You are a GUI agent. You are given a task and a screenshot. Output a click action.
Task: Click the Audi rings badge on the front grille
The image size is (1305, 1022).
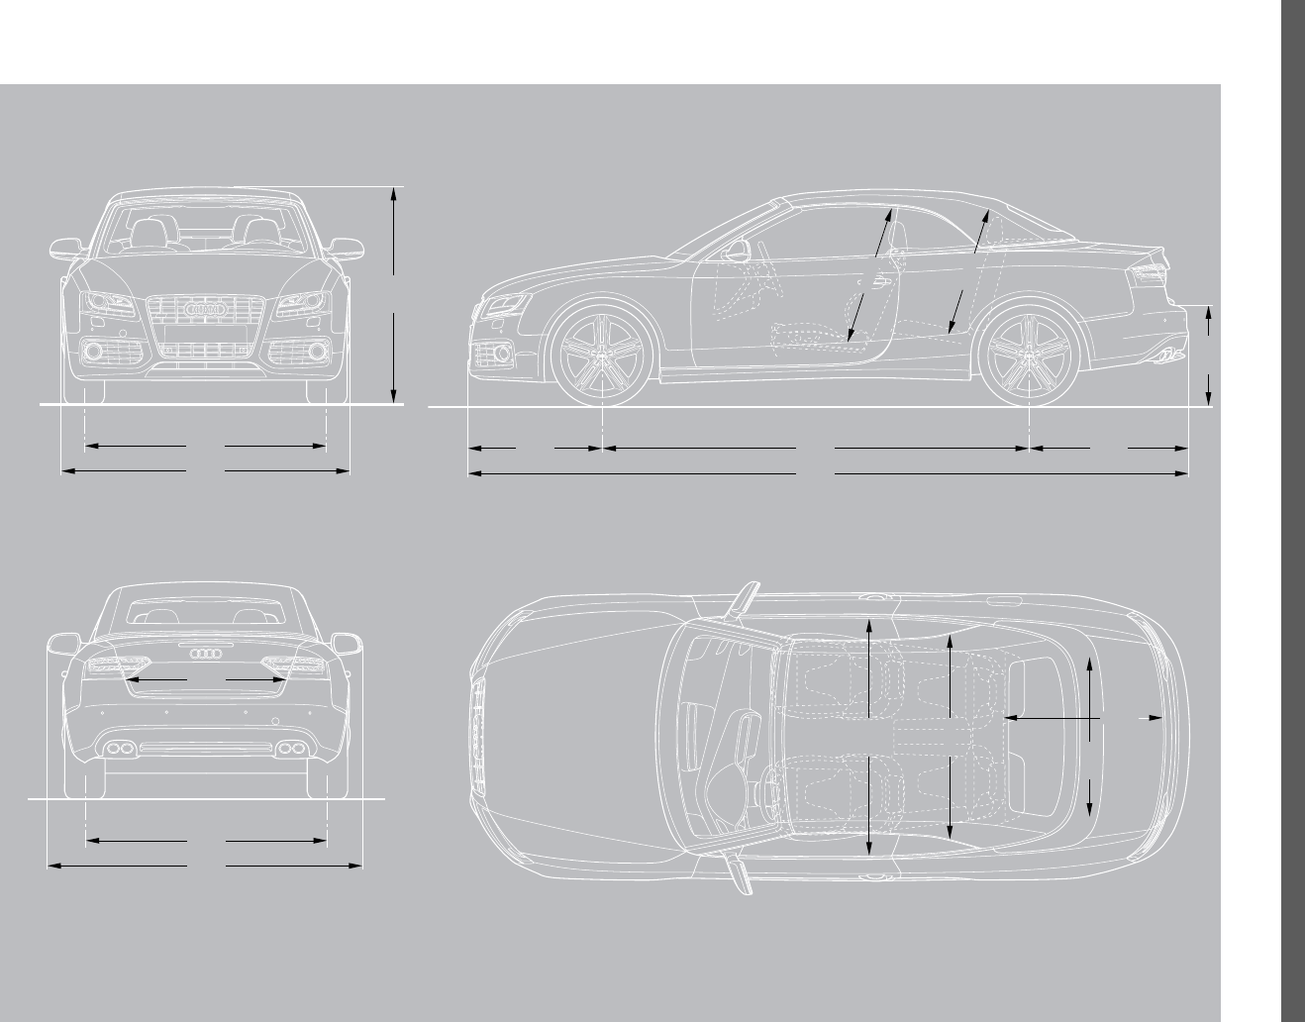click(206, 310)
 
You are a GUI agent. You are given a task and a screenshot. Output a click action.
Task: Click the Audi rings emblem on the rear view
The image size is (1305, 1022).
click(206, 653)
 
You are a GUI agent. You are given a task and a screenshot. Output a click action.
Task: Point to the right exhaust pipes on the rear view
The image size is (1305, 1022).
click(290, 747)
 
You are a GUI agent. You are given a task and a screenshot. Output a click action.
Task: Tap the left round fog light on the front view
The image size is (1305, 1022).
click(94, 351)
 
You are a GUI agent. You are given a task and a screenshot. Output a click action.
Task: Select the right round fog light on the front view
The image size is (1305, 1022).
click(317, 351)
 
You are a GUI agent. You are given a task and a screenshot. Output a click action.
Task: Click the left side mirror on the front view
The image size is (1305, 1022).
click(66, 247)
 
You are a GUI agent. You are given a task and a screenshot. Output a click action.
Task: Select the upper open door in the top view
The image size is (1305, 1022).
click(744, 601)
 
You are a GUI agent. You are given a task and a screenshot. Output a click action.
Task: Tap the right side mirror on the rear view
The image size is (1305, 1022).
click(348, 644)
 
